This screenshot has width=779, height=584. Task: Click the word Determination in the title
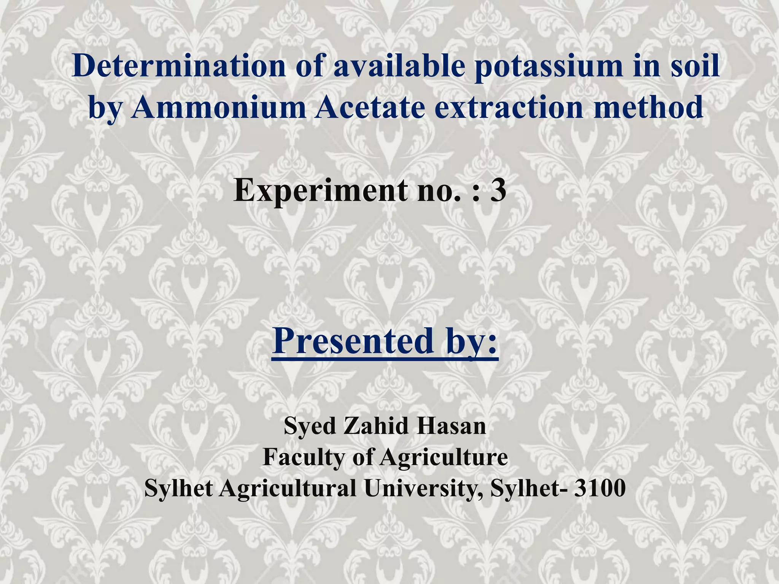click(x=178, y=66)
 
